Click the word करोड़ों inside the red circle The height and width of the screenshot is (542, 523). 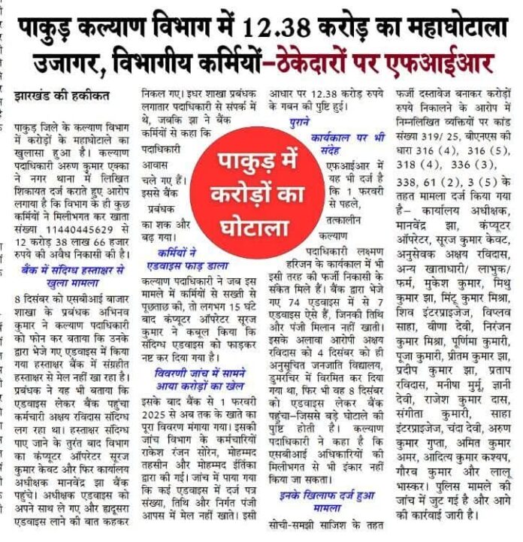click(264, 180)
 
